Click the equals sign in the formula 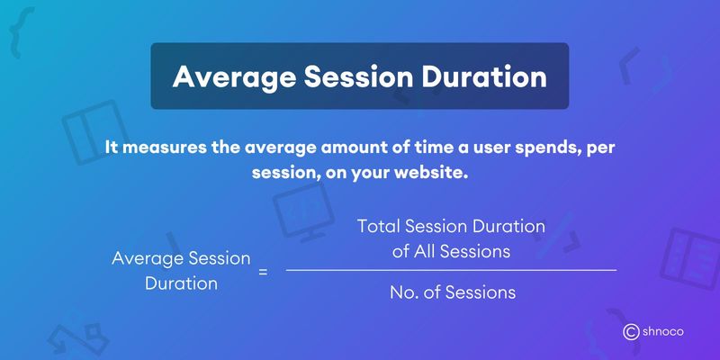click(264, 270)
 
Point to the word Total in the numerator click(378, 227)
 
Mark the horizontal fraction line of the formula click(451, 269)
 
